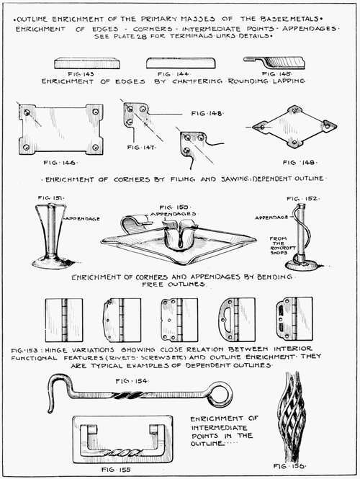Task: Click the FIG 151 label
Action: [x=50, y=197]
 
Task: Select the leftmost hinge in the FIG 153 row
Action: [x=64, y=318]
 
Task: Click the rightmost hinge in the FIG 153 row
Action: [x=293, y=318]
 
